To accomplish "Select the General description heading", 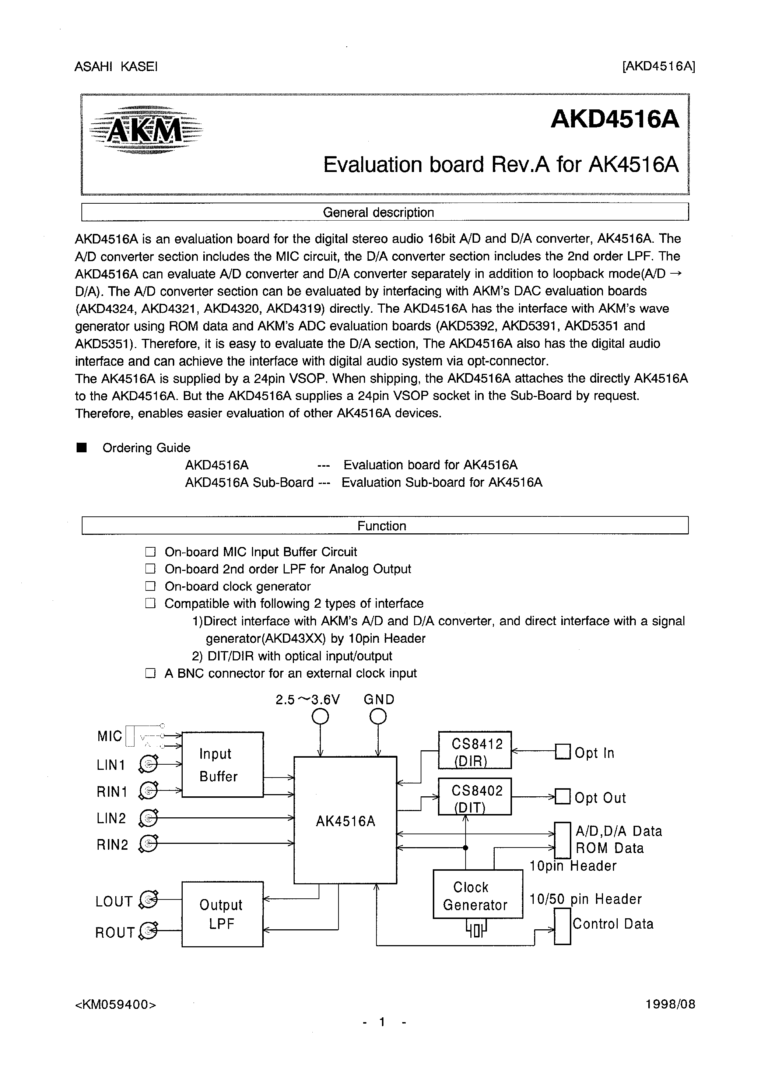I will [378, 213].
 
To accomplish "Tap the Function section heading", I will [382, 526].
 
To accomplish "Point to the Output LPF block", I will [222, 914].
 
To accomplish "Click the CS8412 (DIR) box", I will [474, 750].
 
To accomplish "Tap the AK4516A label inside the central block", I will [345, 821].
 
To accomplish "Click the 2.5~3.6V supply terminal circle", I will [320, 717].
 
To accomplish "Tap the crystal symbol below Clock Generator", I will [476, 930].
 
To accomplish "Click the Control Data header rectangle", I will [562, 926].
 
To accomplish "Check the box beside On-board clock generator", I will [150, 586].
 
